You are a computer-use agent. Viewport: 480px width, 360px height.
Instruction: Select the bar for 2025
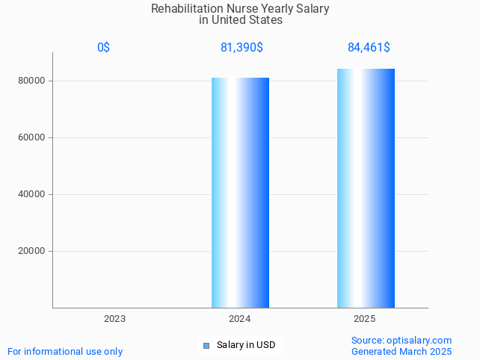(366, 187)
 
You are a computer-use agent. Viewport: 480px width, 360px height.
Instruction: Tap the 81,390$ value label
(241, 48)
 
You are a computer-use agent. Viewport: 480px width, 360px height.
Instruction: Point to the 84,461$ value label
(369, 48)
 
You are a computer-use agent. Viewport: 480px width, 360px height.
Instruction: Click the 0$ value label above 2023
(103, 48)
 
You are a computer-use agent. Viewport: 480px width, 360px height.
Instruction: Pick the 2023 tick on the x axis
(114, 319)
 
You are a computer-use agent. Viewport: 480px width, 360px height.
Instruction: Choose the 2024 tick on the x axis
(239, 319)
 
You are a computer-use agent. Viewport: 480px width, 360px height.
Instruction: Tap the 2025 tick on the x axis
(365, 319)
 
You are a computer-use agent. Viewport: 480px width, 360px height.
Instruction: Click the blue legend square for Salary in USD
(207, 345)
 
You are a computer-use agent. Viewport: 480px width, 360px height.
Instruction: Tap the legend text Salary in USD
(246, 345)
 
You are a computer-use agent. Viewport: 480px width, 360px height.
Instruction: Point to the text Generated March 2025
(401, 351)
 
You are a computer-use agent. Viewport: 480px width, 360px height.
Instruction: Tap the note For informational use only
(65, 351)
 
